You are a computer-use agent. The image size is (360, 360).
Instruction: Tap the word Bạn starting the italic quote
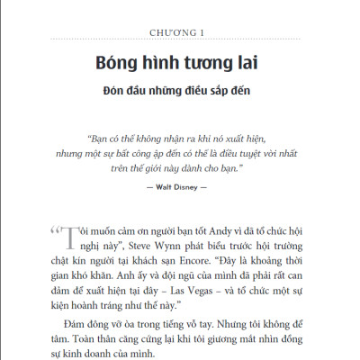[x=102, y=139]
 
